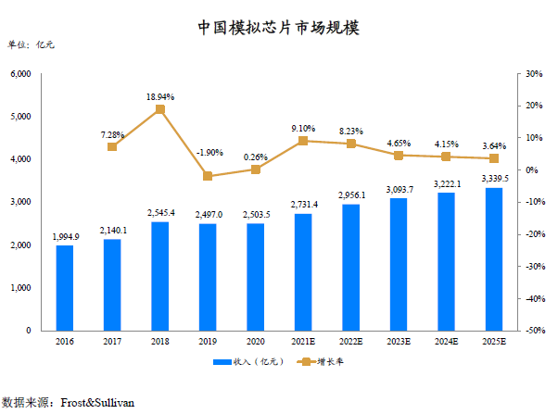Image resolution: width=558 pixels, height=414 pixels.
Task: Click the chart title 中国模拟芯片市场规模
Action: (279, 28)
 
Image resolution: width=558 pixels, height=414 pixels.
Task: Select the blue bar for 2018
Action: (159, 276)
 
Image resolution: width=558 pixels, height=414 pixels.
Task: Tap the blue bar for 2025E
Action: (494, 259)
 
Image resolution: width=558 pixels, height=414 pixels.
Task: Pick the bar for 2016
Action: (64, 287)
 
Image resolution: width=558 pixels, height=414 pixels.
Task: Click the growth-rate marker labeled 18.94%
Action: (159, 109)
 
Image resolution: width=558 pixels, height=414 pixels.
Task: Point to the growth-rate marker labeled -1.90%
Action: (208, 176)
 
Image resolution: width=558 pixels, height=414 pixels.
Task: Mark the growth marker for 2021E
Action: (303, 141)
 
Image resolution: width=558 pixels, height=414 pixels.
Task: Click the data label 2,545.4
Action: (159, 213)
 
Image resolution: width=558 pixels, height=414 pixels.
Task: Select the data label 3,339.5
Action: (494, 179)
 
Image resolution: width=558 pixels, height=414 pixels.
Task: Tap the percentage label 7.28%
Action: (112, 135)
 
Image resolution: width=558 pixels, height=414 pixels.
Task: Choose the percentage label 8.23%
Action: (350, 132)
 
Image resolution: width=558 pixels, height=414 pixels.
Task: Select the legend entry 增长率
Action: (327, 362)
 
